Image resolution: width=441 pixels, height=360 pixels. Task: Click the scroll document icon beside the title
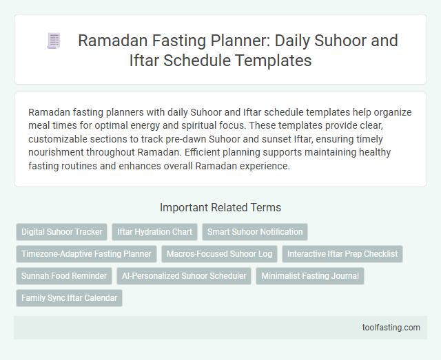54,41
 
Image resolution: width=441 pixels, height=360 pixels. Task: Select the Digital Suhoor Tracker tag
61,232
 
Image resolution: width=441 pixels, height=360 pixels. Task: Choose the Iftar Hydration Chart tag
155,232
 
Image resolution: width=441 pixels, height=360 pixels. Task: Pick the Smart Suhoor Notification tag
255,232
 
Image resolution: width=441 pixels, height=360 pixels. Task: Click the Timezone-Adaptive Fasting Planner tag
86,254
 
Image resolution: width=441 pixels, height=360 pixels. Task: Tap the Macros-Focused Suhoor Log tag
218,254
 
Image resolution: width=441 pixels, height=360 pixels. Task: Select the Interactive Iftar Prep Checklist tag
342,254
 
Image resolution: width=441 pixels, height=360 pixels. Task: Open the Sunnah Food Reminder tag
64,276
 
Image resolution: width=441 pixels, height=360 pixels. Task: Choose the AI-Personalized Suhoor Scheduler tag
183,276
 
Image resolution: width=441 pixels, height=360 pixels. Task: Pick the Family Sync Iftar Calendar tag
69,298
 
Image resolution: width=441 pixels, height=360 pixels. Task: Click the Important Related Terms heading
220,207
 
